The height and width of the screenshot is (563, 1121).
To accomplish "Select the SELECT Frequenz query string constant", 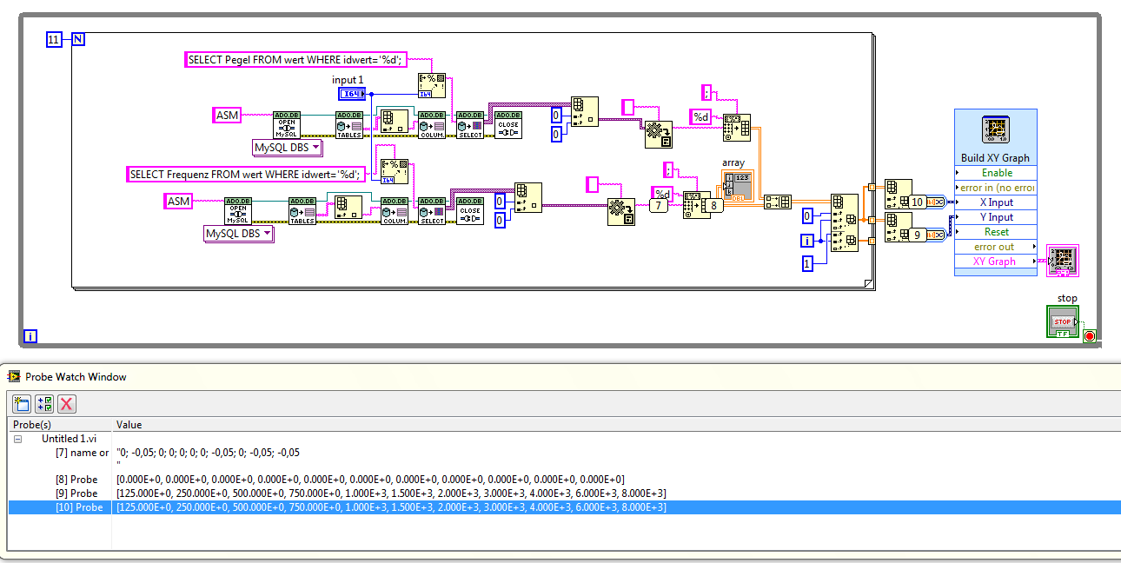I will tap(243, 174).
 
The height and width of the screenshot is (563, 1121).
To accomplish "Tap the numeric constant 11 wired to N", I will tap(54, 40).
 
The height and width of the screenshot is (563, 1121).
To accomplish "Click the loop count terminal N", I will tap(77, 40).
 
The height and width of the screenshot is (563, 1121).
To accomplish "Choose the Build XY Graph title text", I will tap(995, 158).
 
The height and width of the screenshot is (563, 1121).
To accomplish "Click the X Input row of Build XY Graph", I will tap(995, 202).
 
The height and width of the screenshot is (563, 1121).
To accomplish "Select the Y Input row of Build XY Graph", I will tap(995, 217).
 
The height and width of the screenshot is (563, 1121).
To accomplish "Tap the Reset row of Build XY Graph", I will tap(995, 232).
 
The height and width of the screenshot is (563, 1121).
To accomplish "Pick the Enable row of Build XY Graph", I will tap(995, 173).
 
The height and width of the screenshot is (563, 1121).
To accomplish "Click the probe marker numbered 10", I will tap(917, 202).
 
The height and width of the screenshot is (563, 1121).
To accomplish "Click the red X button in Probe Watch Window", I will tap(67, 403).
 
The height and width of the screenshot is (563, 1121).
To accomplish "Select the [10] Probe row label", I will tap(76, 507).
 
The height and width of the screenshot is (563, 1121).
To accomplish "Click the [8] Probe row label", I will tap(76, 480).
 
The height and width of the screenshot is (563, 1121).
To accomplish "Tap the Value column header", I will tap(129, 425).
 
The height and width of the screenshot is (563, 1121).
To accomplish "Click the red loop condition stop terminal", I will tap(1090, 336).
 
